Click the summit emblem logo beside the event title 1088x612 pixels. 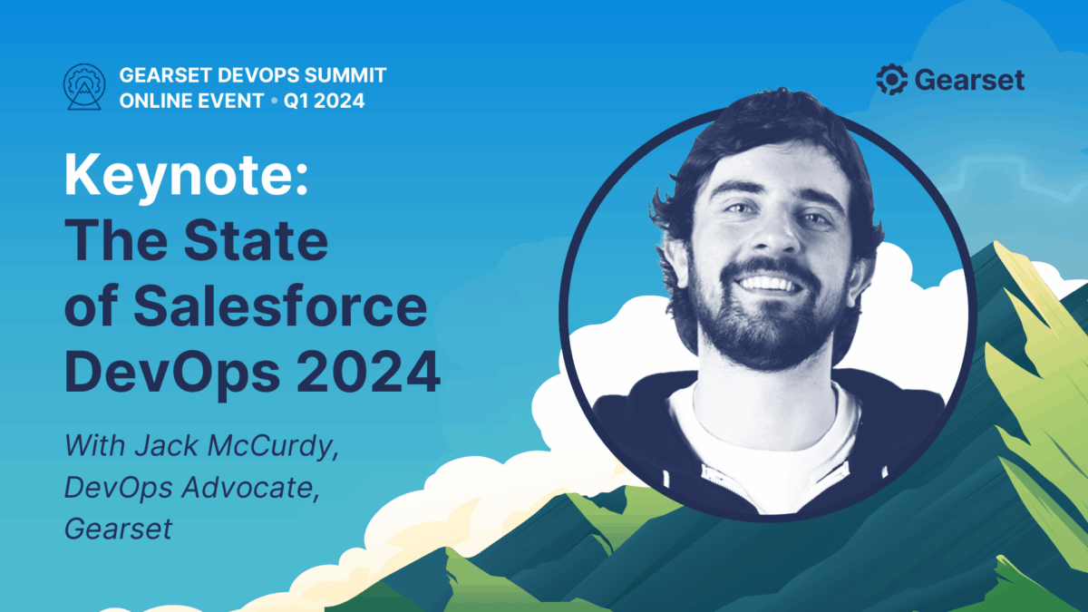click(x=84, y=87)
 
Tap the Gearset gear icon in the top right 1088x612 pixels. click(x=892, y=79)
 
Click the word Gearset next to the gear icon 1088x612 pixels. click(x=969, y=80)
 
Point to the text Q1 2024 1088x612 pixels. click(x=324, y=101)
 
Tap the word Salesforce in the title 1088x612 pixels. click(x=280, y=306)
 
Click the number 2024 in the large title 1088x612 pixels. click(x=368, y=372)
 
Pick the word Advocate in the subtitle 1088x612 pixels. click(x=250, y=488)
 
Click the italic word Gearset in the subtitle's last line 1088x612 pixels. click(x=118, y=529)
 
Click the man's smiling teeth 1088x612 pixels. click(x=768, y=283)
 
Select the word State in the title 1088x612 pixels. click(x=256, y=241)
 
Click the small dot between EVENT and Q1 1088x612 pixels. click(x=275, y=101)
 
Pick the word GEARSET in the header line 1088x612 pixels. click(x=165, y=75)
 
